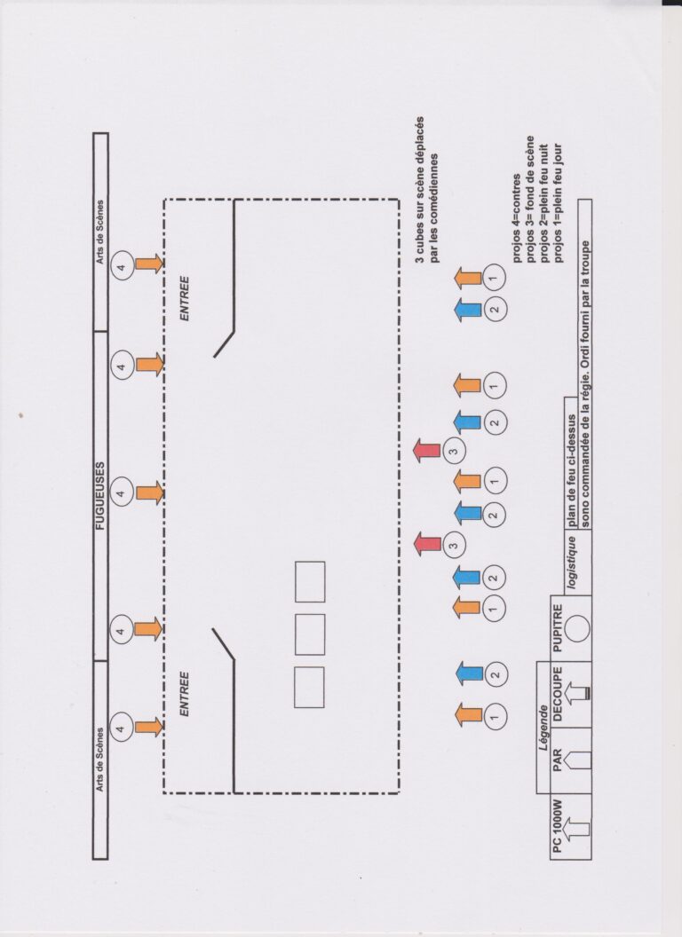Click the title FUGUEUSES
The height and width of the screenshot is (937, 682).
pos(100,496)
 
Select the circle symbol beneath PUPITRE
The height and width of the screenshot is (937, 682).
pos(578,628)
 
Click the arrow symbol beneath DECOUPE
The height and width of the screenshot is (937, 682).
pos(578,693)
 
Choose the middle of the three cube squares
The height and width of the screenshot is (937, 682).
pos(310,634)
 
